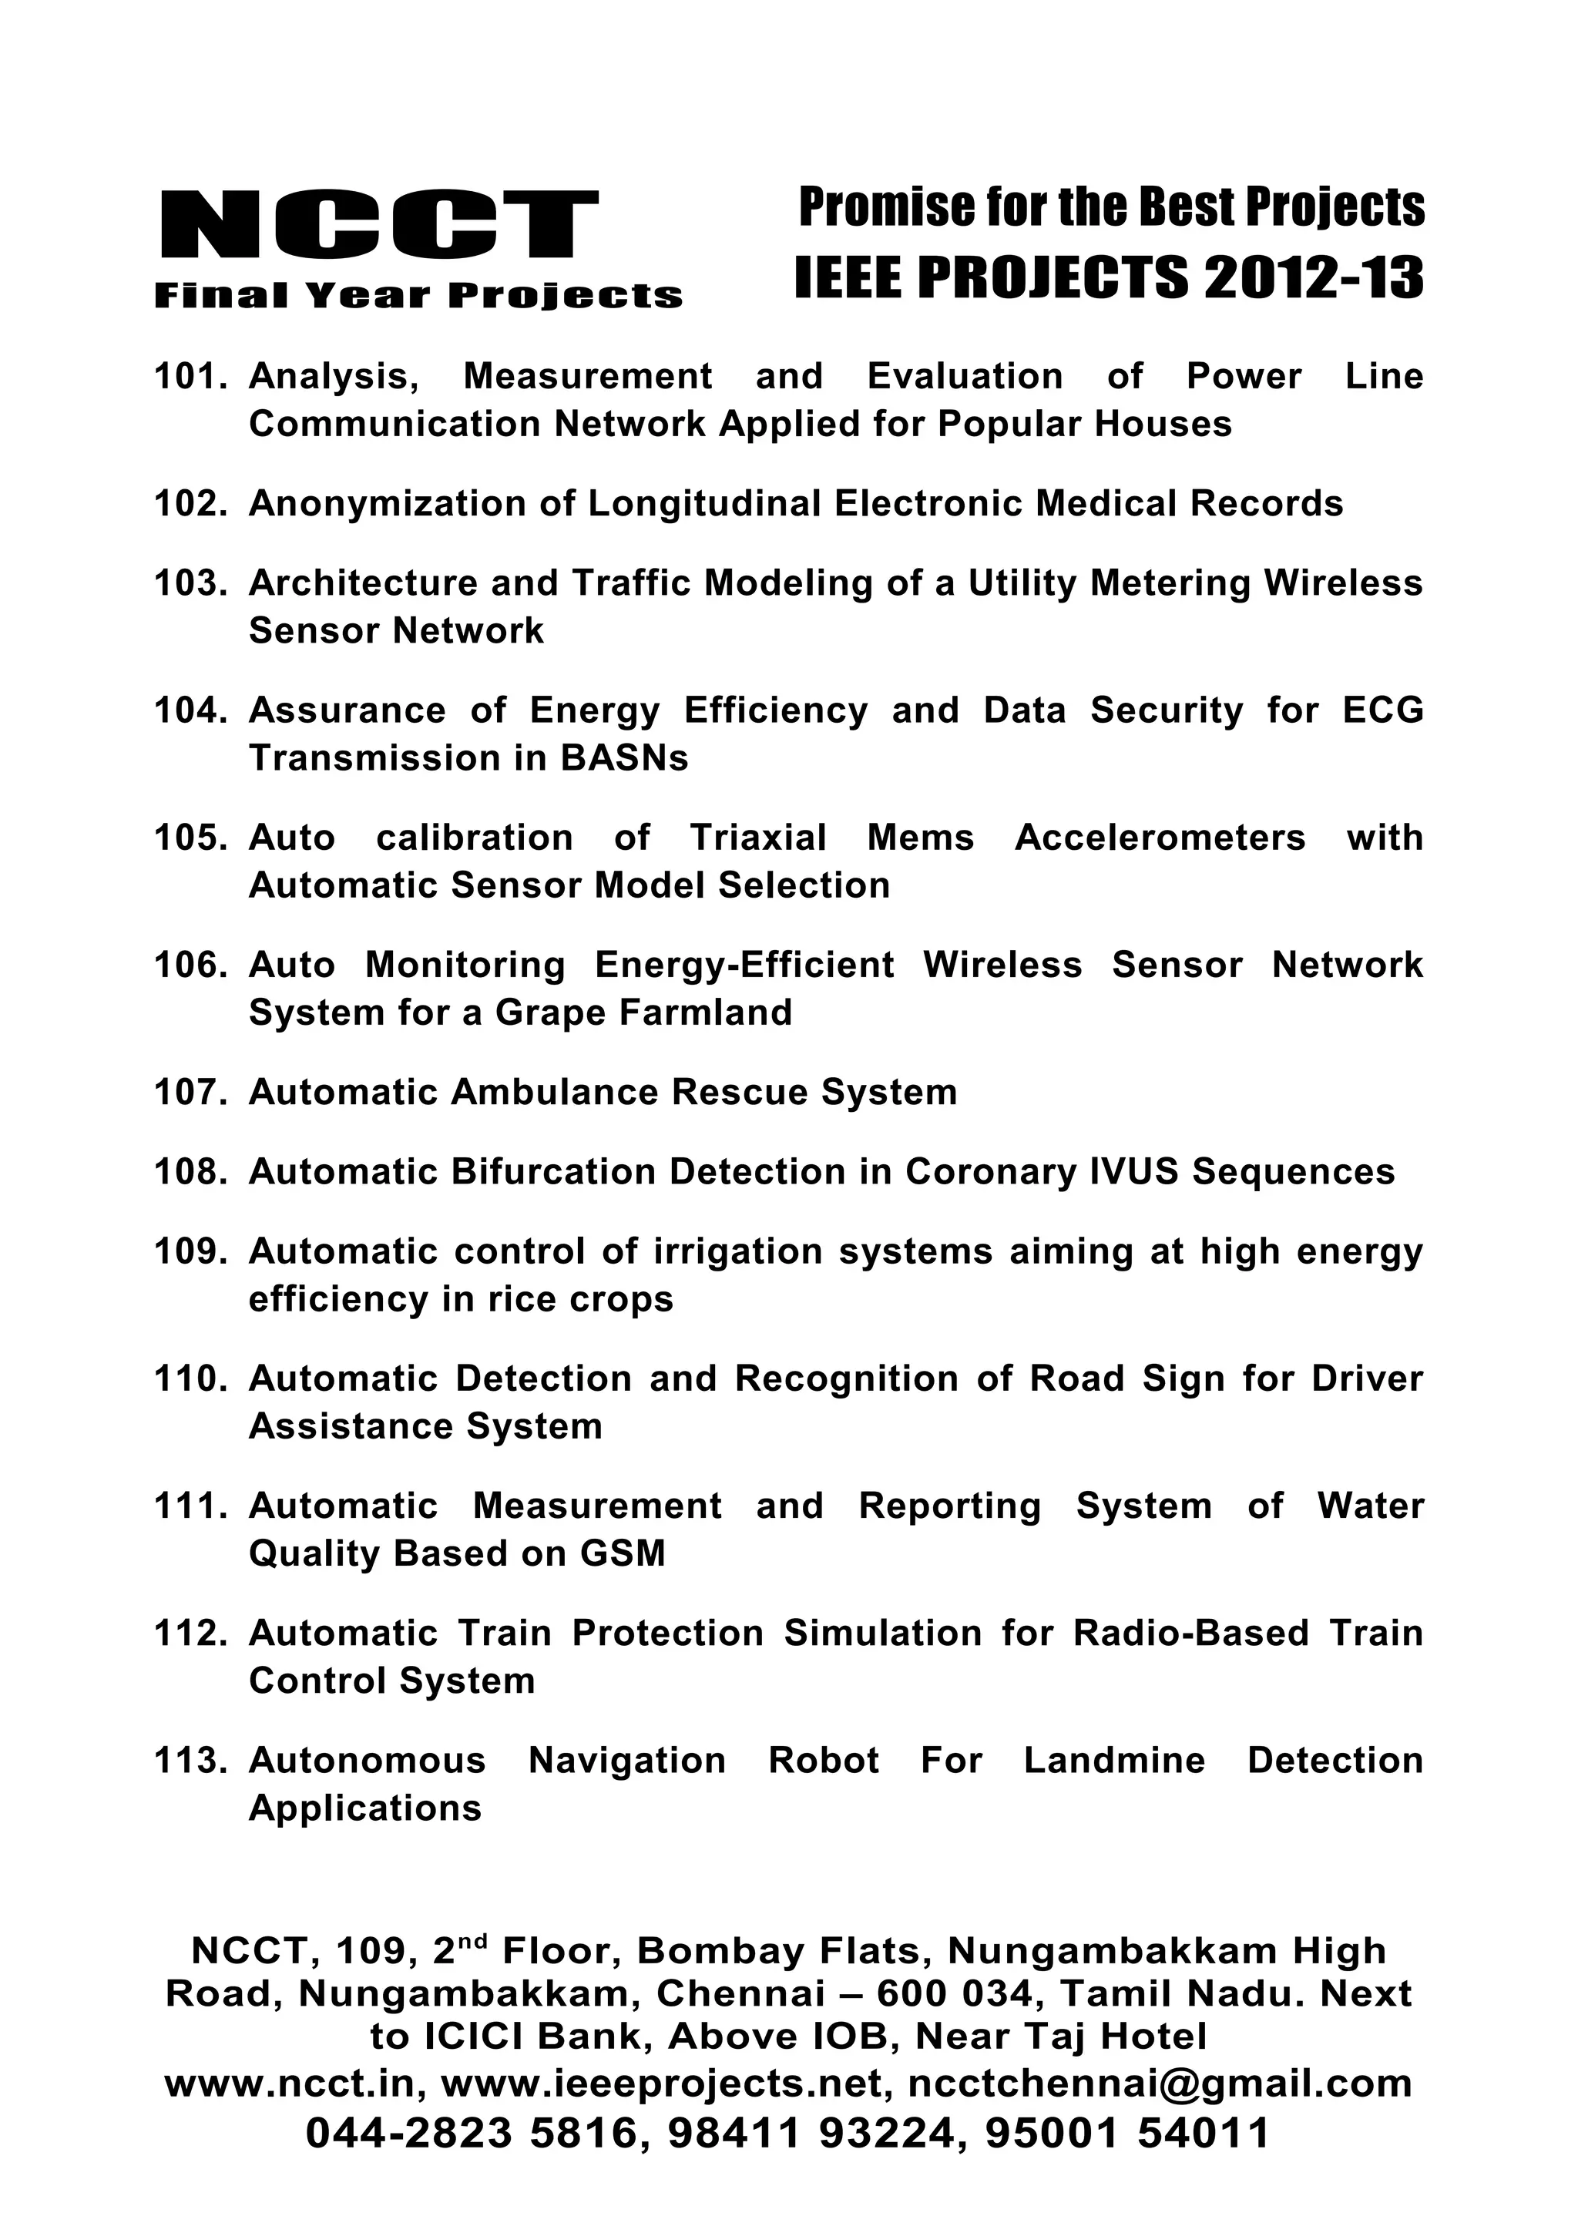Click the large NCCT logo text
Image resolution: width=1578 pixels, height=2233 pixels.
379,225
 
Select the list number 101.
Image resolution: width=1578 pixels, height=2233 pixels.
190,376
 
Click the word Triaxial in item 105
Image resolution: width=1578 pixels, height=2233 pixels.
757,838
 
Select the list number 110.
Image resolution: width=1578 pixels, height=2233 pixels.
190,1378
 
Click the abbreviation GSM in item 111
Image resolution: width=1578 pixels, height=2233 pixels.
623,1553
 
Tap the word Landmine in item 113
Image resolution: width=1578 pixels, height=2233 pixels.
1113,1761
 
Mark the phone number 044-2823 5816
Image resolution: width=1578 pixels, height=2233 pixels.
472,2134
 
